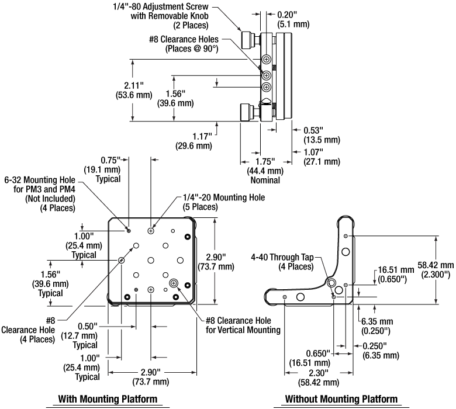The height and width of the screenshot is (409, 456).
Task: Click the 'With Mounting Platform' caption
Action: [108, 399]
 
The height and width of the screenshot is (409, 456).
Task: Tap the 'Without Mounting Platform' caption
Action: [341, 399]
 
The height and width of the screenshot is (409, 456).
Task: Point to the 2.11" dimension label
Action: [134, 90]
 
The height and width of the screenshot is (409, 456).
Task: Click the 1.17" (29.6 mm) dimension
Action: [194, 141]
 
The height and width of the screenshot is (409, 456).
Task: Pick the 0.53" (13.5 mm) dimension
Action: [322, 135]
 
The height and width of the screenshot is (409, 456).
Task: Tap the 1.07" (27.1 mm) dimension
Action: [322, 157]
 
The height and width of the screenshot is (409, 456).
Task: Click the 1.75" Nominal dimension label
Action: [265, 171]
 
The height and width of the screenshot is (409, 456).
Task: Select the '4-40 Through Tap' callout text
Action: [282, 262]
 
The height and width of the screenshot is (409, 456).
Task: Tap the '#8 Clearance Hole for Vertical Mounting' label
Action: [243, 325]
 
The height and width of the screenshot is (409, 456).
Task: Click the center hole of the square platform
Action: [151, 260]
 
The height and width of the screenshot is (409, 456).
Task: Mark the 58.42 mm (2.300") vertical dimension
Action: [436, 269]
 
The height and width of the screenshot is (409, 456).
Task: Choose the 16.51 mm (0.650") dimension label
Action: [396, 275]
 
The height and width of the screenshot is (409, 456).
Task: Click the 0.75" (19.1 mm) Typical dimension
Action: [102, 169]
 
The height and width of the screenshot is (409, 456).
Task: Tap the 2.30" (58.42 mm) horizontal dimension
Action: [319, 377]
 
